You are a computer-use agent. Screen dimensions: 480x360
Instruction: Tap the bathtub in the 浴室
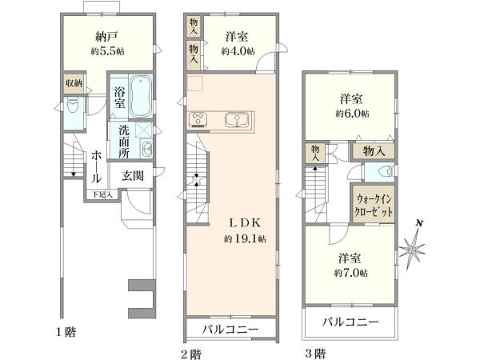point(141,96)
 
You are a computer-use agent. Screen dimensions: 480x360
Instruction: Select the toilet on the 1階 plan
point(72,106)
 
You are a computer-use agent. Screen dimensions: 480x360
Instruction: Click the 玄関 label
point(133,176)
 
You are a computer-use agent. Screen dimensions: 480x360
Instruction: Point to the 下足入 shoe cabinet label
point(103,194)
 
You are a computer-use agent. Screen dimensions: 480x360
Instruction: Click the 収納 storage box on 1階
point(74,82)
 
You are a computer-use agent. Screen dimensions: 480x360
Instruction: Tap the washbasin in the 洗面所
point(146,149)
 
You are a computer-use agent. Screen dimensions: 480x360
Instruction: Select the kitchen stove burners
point(198,119)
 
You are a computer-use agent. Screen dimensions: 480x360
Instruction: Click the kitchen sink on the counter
point(237,120)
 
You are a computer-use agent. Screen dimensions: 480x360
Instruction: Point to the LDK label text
point(246,223)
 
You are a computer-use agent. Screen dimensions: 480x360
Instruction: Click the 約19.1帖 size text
point(245,238)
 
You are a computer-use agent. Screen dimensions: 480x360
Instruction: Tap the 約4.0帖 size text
point(238,51)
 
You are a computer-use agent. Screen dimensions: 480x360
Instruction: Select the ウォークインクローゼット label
point(373,205)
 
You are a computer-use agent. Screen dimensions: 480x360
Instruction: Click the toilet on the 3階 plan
point(386,171)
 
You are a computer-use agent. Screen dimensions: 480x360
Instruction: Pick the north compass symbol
point(413,245)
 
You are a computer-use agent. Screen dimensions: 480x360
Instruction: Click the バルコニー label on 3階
point(350,322)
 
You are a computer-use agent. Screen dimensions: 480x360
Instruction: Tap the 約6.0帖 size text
point(352,114)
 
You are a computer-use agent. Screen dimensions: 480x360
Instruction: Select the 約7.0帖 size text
point(351,273)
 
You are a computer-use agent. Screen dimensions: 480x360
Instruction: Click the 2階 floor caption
point(191,354)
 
